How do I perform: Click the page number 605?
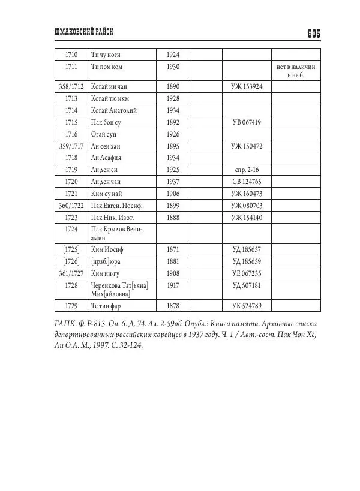(314, 34)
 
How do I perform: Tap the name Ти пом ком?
(106, 67)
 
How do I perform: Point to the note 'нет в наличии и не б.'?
(296, 71)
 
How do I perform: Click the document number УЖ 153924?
(246, 86)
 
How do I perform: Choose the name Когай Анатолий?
(114, 110)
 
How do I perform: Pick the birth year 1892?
(173, 122)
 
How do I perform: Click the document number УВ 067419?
(246, 122)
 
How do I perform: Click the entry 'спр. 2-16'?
(247, 170)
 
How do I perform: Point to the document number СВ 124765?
(247, 182)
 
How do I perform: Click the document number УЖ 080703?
(247, 206)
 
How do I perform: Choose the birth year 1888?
(173, 217)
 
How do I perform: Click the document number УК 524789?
(247, 306)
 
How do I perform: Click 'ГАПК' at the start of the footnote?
(56, 325)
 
